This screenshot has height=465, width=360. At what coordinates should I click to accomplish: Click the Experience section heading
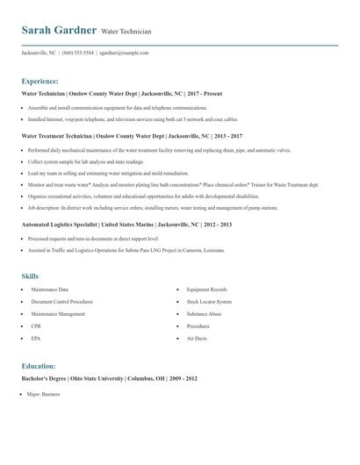click(40, 80)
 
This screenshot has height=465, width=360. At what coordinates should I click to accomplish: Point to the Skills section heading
click(31, 275)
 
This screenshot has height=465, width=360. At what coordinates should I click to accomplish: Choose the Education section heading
click(39, 365)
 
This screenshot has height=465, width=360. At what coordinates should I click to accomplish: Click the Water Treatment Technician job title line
click(132, 136)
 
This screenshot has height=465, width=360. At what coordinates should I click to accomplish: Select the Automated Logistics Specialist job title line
click(126, 225)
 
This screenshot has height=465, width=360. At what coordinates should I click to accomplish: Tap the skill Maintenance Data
click(49, 289)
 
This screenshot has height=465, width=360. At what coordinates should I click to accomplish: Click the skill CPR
click(36, 325)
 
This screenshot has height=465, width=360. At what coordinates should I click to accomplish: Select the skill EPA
click(36, 338)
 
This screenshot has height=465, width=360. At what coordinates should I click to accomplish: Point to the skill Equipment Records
click(206, 289)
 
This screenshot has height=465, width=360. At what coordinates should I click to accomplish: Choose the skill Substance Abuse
click(205, 313)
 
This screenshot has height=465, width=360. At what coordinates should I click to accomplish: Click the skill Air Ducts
click(197, 338)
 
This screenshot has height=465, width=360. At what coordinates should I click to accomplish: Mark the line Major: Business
click(44, 394)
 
